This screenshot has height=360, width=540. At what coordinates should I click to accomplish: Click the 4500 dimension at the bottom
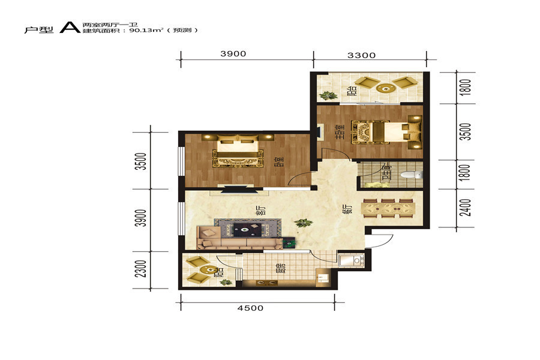250,308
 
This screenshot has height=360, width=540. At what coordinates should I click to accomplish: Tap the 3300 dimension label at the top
361,55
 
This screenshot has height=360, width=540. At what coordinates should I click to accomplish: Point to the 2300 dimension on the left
141,269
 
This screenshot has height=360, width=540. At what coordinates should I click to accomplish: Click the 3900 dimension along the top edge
233,54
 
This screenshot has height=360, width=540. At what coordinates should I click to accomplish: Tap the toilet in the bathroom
412,175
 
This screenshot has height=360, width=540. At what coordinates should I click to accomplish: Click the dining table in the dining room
388,208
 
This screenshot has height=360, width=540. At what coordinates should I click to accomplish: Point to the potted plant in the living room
304,223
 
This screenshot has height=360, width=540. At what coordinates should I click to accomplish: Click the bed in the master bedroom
386,131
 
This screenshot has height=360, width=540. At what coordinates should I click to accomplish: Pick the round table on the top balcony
385,89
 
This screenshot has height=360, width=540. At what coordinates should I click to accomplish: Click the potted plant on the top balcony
328,95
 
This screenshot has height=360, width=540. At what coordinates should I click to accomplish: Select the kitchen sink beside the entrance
350,260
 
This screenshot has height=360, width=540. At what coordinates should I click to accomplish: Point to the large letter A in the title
70,28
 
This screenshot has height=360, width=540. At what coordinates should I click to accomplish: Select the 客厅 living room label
261,210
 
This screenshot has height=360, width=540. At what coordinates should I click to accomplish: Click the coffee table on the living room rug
247,229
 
